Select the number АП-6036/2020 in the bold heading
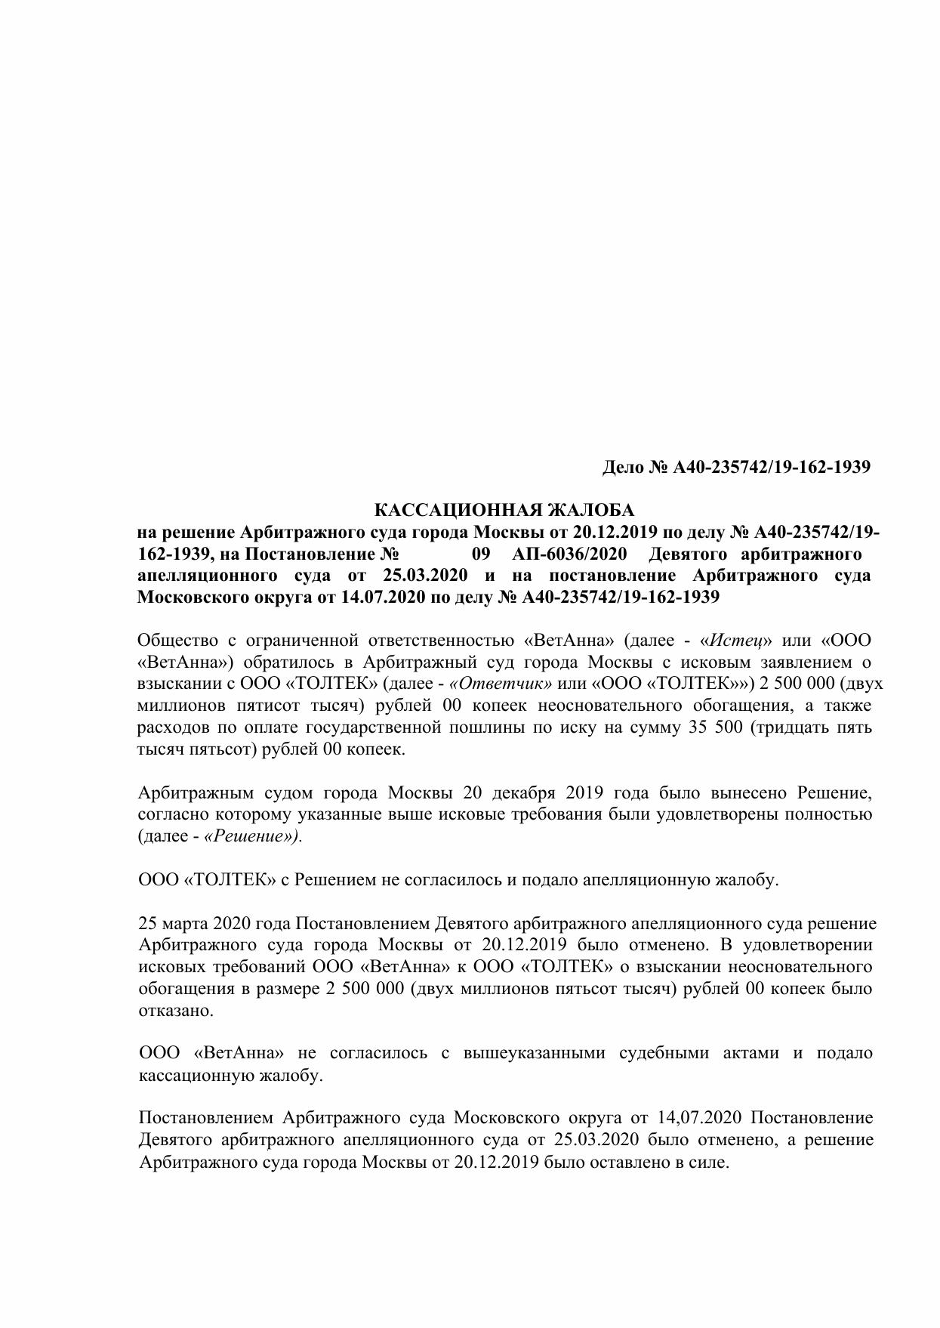569,554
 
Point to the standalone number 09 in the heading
481,554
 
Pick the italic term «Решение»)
253,836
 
